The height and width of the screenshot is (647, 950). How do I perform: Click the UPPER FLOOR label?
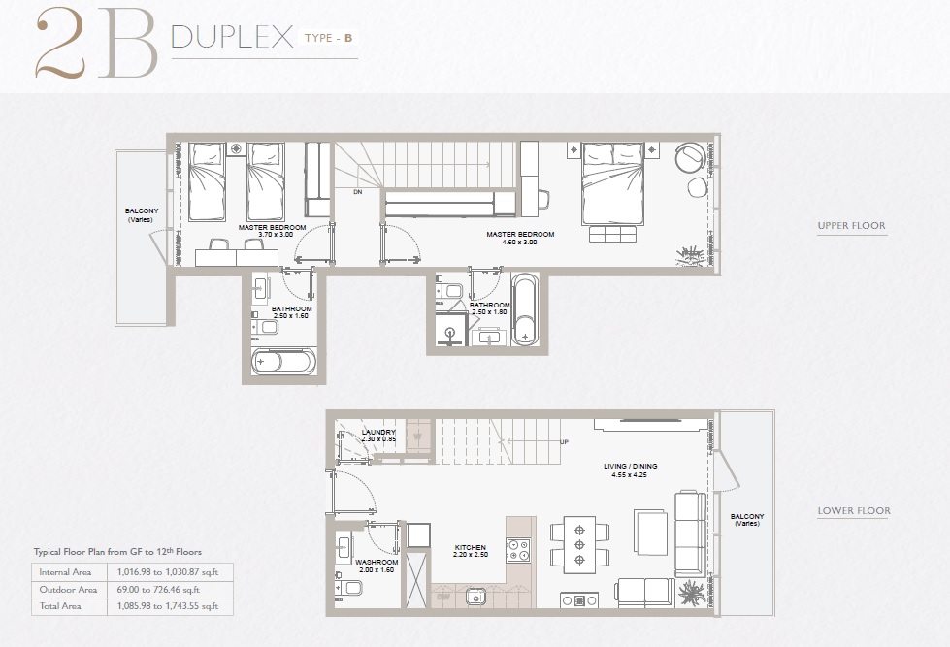[x=851, y=226]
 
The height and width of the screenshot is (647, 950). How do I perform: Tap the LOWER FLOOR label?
[x=853, y=510]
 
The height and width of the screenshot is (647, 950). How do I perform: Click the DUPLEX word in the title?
[x=232, y=38]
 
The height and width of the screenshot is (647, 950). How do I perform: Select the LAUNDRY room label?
[x=378, y=433]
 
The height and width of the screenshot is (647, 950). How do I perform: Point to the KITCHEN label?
[x=471, y=548]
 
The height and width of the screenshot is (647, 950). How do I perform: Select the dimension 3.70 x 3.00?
[x=273, y=235]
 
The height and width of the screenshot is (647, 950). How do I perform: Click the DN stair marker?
[x=357, y=192]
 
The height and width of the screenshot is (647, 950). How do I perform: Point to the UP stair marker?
[x=564, y=442]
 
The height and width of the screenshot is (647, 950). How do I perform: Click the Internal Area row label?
[x=66, y=572]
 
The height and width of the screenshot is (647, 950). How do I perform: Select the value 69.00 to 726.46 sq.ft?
[x=160, y=589]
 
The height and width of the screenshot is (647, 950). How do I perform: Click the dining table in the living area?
[x=580, y=544]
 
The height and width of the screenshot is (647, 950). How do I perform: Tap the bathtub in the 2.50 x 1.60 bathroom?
[x=283, y=363]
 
